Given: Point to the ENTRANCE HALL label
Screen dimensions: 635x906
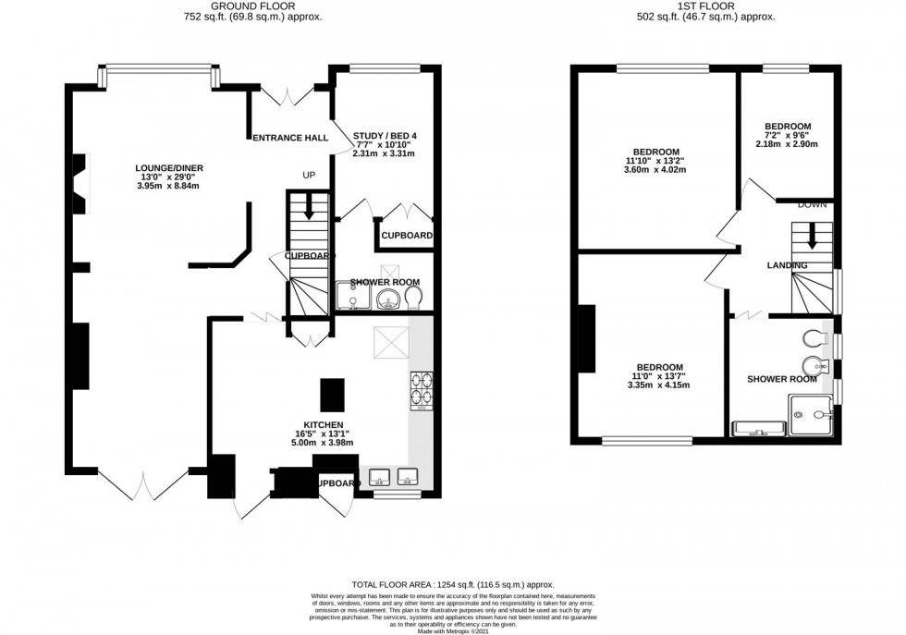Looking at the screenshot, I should click(x=291, y=138).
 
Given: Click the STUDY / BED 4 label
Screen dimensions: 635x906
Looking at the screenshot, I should click(x=385, y=137).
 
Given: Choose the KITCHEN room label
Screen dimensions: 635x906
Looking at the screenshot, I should click(x=318, y=424).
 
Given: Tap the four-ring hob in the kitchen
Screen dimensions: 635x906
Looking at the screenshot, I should click(x=422, y=387).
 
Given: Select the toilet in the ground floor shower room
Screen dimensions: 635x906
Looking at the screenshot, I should click(x=414, y=296).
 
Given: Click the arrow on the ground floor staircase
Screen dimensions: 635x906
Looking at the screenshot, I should click(x=309, y=209).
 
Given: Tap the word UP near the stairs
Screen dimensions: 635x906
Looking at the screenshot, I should click(x=310, y=175).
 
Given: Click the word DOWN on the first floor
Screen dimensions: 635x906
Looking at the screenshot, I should click(x=812, y=204).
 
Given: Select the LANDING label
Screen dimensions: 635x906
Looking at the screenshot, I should click(x=787, y=266).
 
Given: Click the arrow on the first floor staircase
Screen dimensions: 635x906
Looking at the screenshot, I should click(x=812, y=238).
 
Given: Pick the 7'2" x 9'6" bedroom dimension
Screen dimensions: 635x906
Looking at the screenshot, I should click(x=788, y=135).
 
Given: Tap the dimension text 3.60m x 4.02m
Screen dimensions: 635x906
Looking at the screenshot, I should click(x=656, y=171).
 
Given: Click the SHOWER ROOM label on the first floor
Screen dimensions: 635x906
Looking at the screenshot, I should click(x=782, y=379).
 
